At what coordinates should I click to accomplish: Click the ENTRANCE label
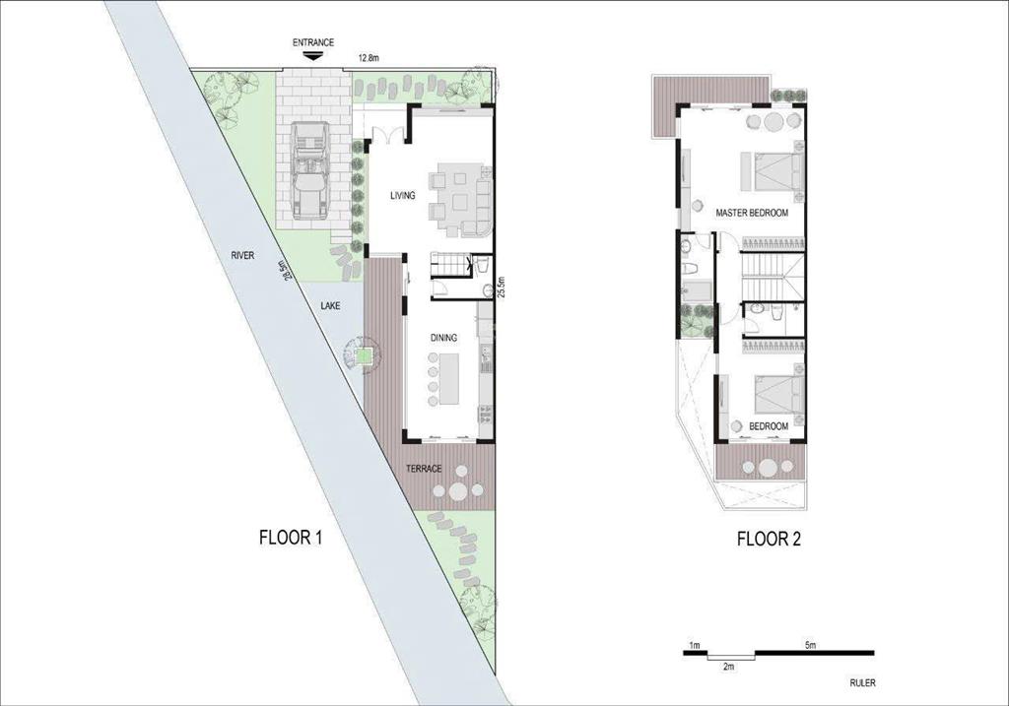[x=313, y=42]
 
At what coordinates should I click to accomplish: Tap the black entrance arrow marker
[x=312, y=56]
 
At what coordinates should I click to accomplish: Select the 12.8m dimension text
[x=369, y=58]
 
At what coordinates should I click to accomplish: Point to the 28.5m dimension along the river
[x=285, y=270]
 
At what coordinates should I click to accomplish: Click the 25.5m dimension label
[x=503, y=287]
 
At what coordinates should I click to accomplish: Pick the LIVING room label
[x=403, y=196]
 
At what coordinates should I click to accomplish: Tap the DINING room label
[x=443, y=338]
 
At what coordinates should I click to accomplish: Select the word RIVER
[x=242, y=255]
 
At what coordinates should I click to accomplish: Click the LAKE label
[x=330, y=306]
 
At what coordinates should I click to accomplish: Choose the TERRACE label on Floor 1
[x=424, y=469]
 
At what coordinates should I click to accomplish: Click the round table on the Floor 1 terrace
[x=458, y=491]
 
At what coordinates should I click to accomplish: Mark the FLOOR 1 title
[x=291, y=537]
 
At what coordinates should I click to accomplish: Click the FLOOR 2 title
[x=769, y=539]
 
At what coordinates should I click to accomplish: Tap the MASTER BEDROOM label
[x=752, y=213]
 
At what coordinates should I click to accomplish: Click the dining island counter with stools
[x=449, y=378]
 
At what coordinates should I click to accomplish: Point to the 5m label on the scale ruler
[x=810, y=645]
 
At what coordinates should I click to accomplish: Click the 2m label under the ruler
[x=728, y=667]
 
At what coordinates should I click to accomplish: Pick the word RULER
[x=862, y=682]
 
